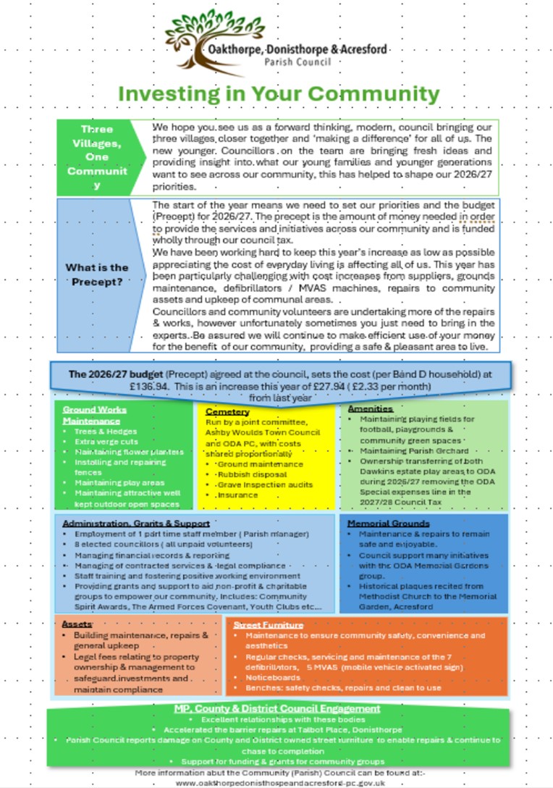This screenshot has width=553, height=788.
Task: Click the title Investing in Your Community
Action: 279,94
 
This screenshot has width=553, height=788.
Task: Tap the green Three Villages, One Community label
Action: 96,156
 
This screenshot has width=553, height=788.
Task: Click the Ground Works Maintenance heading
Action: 94,414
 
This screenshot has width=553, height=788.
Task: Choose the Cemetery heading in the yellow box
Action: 225,411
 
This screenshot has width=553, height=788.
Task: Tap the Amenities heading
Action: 370,409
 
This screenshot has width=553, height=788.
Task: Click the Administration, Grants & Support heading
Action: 136,523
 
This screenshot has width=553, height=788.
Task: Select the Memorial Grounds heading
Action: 389,523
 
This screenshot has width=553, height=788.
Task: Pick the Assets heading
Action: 77,623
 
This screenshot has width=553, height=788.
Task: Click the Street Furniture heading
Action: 269,624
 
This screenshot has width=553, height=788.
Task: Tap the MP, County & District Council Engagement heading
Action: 276,708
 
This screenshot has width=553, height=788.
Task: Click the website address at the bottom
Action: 279,782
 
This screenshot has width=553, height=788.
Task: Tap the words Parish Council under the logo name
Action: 297,62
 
